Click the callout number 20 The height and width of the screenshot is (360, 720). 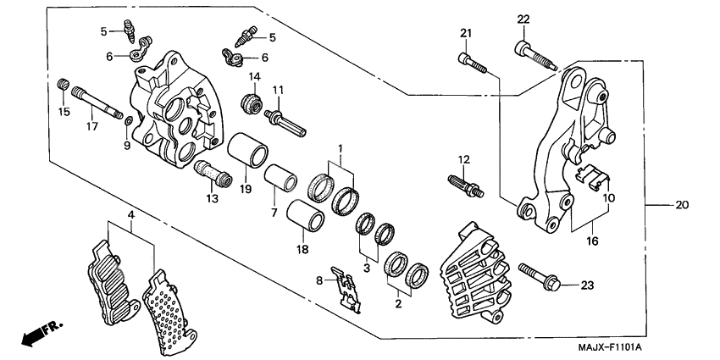point(682,205)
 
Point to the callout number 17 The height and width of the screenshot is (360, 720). point(91,126)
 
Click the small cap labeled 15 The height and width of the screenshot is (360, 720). point(61,85)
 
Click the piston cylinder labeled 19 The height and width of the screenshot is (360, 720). point(245,152)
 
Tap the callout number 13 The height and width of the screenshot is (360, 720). point(211,198)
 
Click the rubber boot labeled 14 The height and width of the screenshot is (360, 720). point(252,104)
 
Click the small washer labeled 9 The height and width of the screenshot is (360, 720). point(126,126)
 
